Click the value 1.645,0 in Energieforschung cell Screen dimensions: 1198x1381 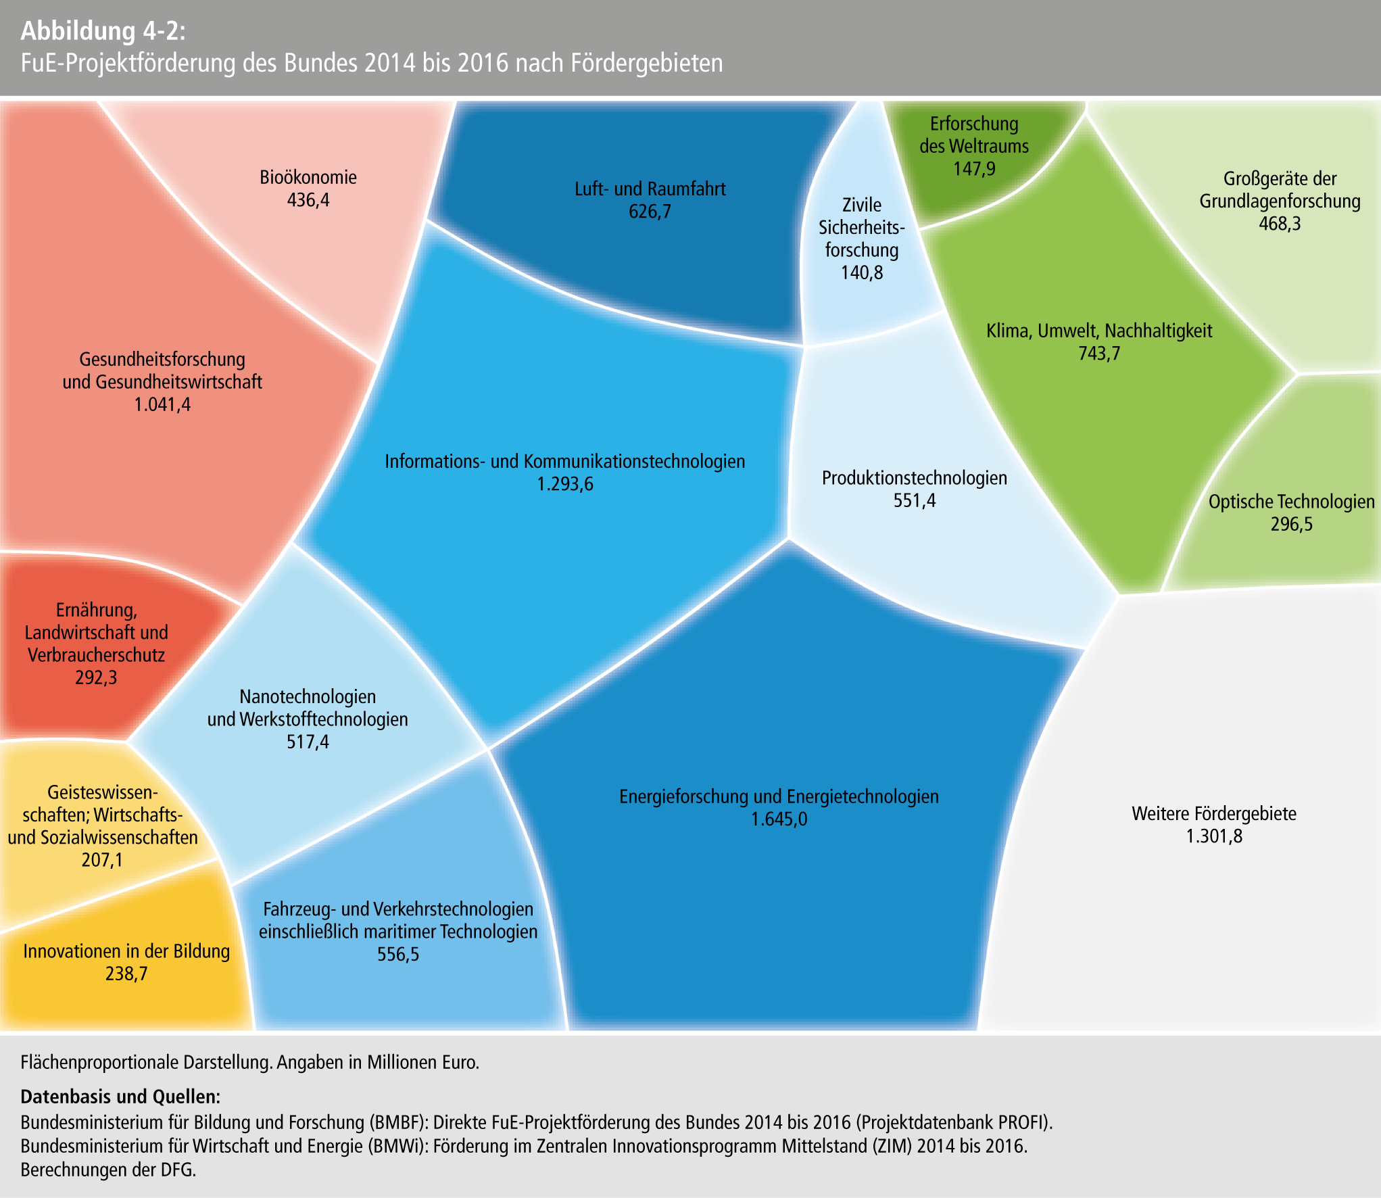(779, 819)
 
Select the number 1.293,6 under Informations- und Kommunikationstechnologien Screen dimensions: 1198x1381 (565, 484)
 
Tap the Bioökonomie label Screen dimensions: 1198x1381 (308, 177)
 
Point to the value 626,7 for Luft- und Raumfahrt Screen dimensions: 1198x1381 (650, 212)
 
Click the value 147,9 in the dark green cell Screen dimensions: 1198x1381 (974, 168)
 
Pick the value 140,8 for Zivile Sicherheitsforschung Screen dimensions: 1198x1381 (862, 272)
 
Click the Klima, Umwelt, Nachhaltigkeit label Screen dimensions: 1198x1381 (1099, 331)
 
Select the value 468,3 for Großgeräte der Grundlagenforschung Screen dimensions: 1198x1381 (1280, 224)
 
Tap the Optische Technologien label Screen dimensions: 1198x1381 (1291, 502)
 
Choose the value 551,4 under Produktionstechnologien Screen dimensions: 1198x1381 (915, 501)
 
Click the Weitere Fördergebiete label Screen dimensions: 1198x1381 (1214, 813)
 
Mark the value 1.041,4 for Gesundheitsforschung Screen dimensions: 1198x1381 (162, 405)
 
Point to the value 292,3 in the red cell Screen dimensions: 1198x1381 (96, 677)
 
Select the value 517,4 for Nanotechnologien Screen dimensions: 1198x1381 (308, 742)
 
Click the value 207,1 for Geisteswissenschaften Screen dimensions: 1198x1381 (102, 860)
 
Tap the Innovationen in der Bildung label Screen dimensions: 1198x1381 (126, 951)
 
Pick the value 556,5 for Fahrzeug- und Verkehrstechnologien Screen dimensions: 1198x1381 (398, 955)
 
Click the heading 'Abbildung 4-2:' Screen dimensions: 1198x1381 (102, 31)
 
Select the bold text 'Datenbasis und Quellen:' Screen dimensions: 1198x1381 (120, 1096)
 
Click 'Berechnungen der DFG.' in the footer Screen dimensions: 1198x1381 (108, 1170)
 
